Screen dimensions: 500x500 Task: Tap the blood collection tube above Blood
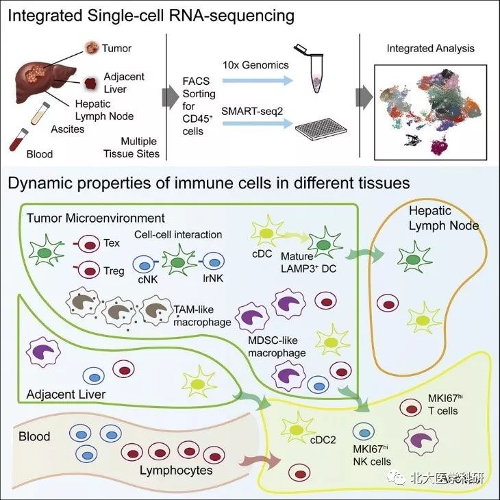pos(16,134)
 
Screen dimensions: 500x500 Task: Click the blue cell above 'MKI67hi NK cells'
pos(363,432)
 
